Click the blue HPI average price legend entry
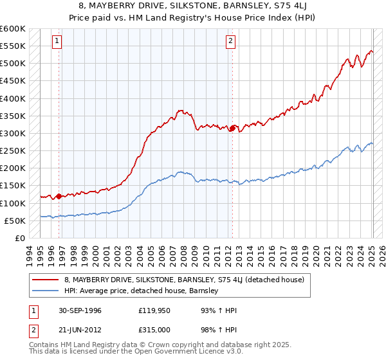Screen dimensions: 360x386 (x=142, y=291)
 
